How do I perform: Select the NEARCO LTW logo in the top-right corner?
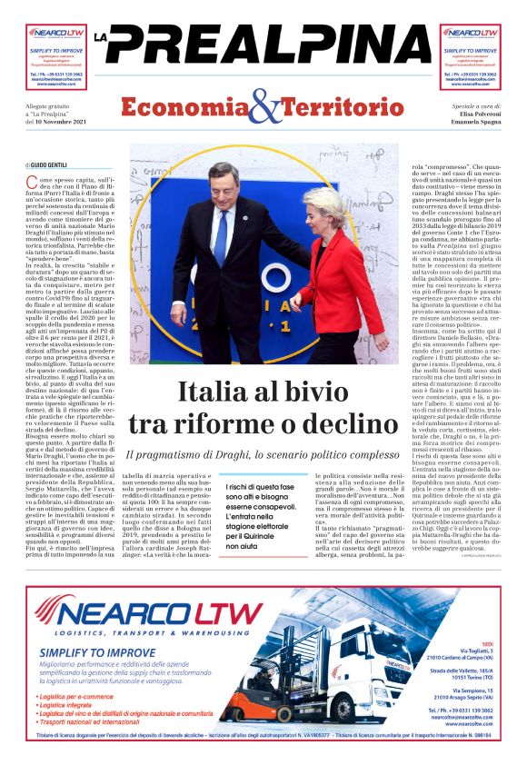click(x=471, y=31)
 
